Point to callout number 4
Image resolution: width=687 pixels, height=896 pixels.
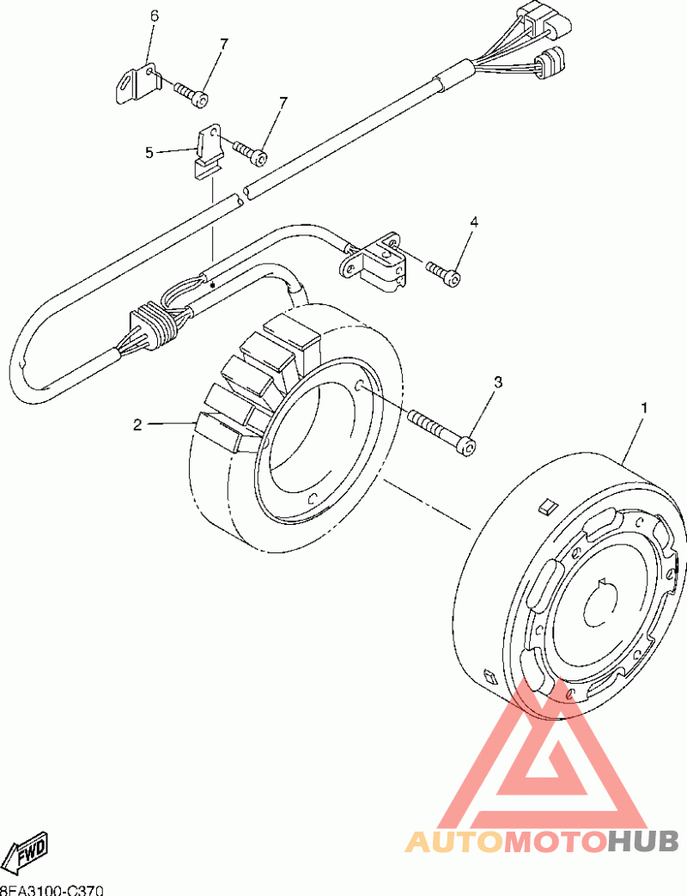coord(473,222)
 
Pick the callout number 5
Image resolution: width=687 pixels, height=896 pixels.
coord(149,152)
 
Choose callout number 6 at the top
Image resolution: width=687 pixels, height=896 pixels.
coord(155,16)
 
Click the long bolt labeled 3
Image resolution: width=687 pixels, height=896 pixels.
coord(438,430)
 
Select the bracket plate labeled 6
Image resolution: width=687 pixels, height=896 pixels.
coord(138,82)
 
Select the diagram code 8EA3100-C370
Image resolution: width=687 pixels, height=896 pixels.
coord(52,889)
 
